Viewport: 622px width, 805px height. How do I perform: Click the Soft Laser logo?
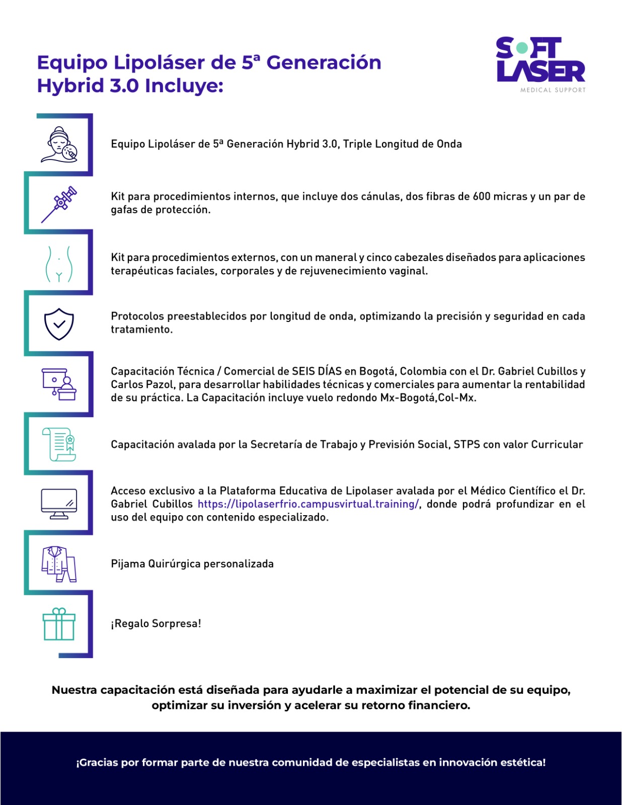[540, 60]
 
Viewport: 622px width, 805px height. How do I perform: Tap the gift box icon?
[59, 624]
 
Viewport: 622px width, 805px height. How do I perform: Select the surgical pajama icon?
[59, 564]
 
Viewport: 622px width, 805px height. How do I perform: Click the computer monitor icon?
[59, 504]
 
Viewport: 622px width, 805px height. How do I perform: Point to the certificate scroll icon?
[59, 444]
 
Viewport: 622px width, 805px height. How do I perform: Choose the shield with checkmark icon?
[59, 324]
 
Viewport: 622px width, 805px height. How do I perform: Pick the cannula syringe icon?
[59, 204]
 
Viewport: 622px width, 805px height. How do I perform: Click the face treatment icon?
[59, 144]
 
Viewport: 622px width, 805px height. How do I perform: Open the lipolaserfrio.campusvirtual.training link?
[308, 504]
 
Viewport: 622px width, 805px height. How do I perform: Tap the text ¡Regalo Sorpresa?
[156, 624]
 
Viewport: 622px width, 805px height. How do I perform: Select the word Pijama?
[128, 564]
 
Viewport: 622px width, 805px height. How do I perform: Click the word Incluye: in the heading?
[184, 86]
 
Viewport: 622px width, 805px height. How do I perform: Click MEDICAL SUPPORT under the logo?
[553, 90]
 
